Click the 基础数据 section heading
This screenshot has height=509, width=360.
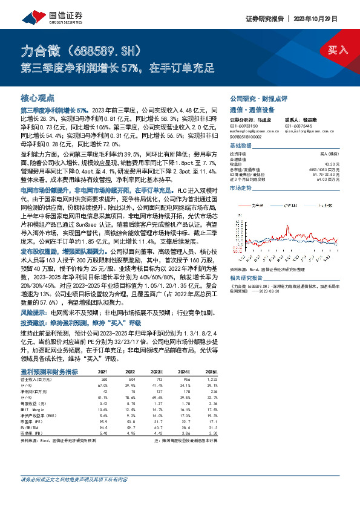241,146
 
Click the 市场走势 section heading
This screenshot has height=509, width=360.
241,188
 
